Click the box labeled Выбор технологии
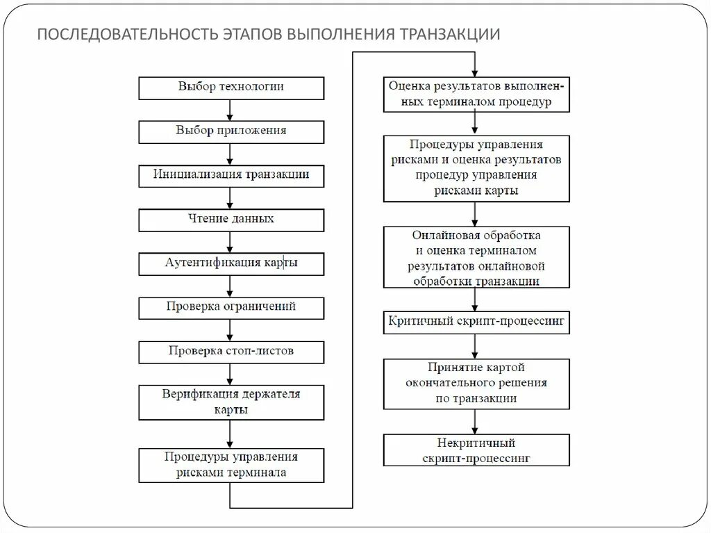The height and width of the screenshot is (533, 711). pos(231,88)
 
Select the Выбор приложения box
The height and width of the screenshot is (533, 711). pos(231,131)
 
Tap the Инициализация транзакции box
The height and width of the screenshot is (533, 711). pos(231,175)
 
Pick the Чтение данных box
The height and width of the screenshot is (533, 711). pos(231,220)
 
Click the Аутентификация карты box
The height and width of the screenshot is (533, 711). pos(231,263)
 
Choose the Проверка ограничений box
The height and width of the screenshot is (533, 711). pos(231,307)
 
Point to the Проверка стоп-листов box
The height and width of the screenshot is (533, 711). pos(231,352)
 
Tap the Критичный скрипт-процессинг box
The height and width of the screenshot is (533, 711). pos(476,323)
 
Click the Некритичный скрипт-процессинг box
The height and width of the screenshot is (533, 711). pos(476,450)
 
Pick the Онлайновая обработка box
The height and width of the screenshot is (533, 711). pos(476,257)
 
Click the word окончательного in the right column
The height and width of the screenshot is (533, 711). pos(476,383)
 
